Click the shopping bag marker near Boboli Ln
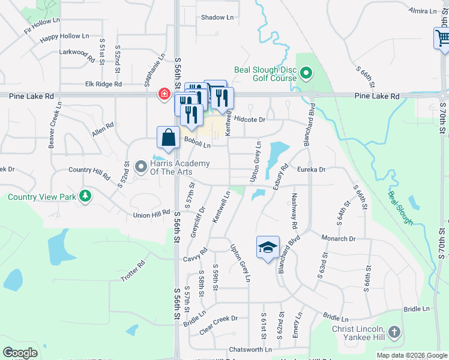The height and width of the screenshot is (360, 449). (169, 137)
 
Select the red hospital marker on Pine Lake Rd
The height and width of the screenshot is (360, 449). (163, 94)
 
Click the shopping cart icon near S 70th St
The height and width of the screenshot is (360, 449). (442, 39)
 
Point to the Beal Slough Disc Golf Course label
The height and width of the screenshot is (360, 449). (265, 74)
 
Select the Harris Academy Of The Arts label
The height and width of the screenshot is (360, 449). (179, 168)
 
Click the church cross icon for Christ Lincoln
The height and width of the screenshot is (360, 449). (394, 331)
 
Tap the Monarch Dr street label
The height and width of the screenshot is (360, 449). (339, 238)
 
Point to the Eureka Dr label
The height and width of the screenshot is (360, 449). (311, 170)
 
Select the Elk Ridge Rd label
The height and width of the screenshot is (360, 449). (104, 85)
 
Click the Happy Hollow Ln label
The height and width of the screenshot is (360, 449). (64, 37)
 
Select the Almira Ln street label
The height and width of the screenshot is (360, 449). (423, 11)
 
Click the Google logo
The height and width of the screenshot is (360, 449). (20, 353)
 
